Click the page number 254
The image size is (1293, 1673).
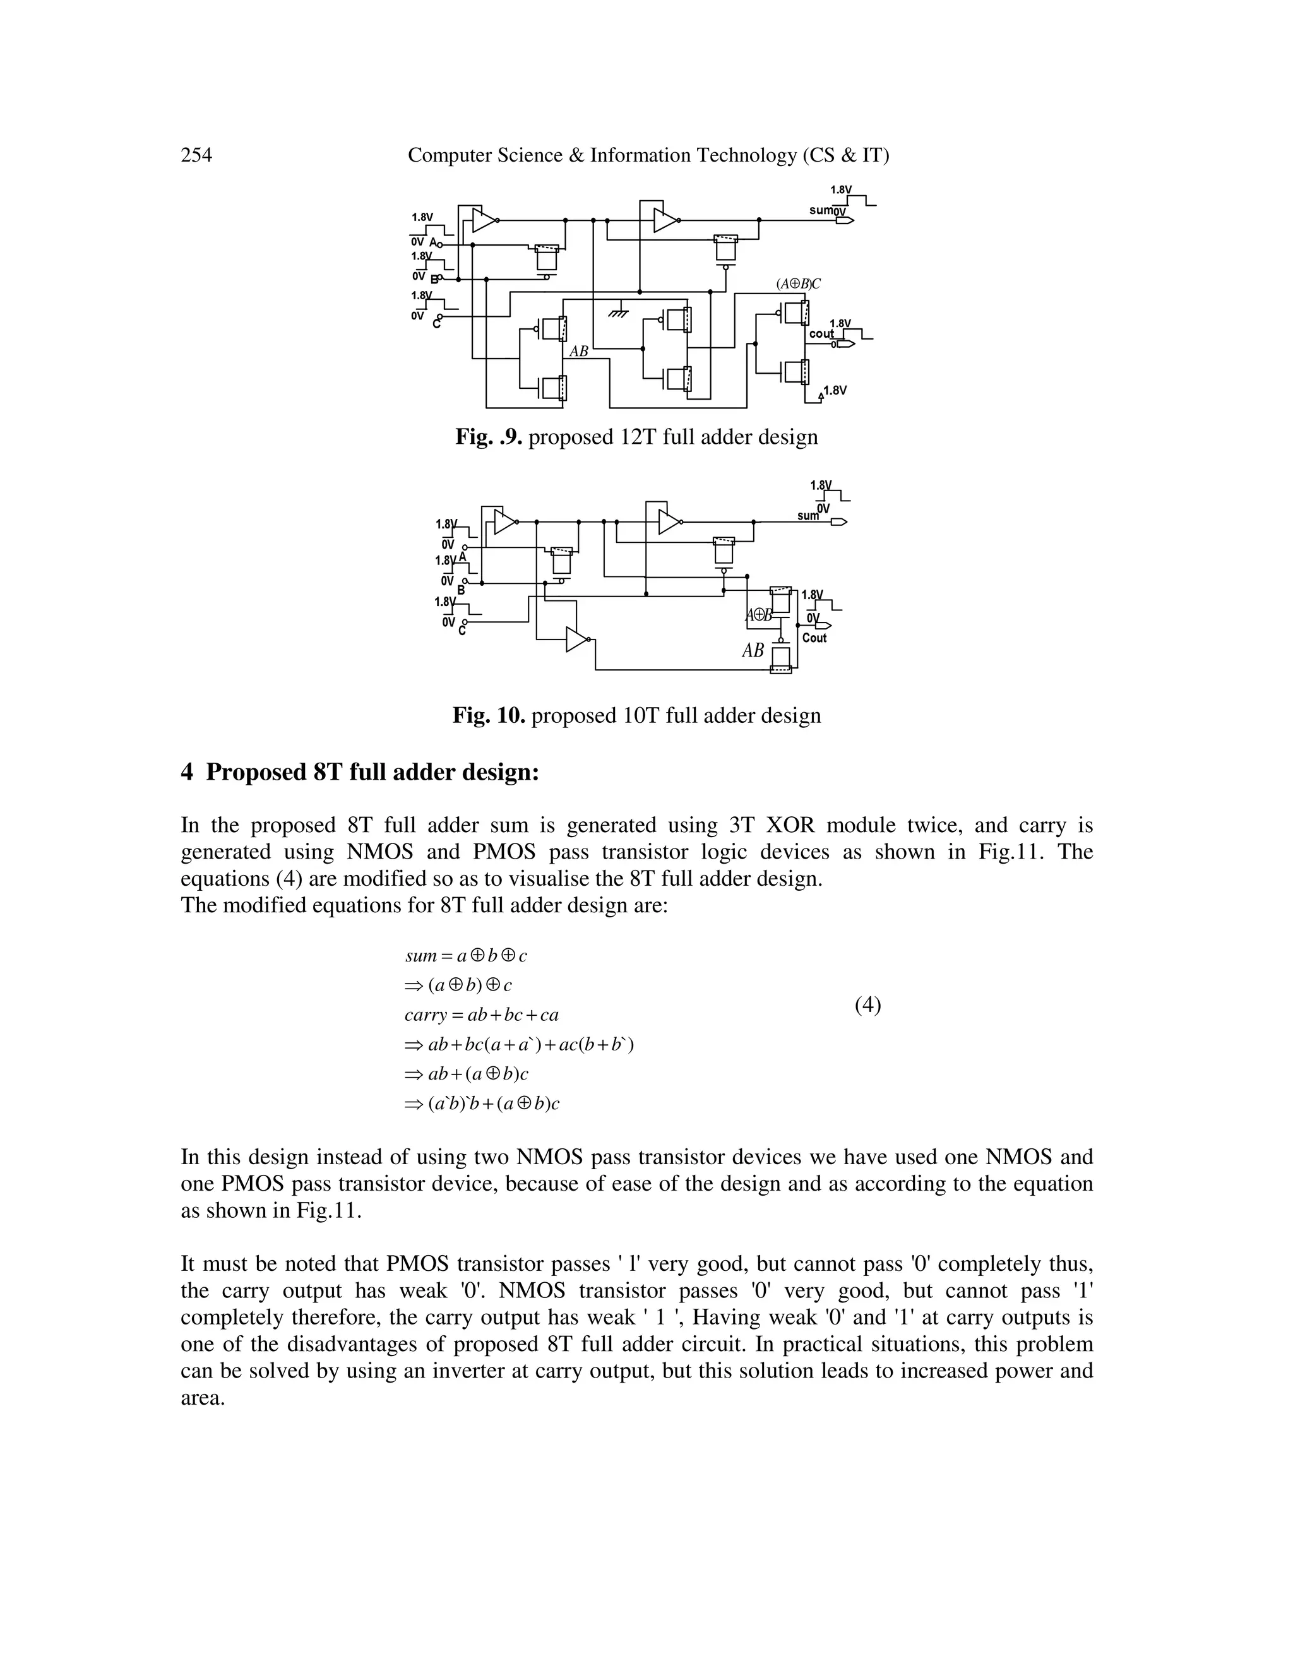pyautogui.click(x=196, y=155)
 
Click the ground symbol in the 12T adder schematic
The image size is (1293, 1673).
pyautogui.click(x=618, y=313)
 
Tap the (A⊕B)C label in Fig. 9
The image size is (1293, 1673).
pyautogui.click(x=798, y=283)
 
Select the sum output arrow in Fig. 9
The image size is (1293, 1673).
pyautogui.click(x=845, y=220)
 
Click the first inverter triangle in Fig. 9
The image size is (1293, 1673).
pyautogui.click(x=484, y=220)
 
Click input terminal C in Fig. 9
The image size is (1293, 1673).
pyautogui.click(x=439, y=316)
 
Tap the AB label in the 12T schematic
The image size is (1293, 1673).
pyautogui.click(x=579, y=352)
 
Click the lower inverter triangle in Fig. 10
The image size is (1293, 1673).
pyautogui.click(x=577, y=639)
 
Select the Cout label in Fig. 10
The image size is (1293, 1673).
pyautogui.click(x=814, y=638)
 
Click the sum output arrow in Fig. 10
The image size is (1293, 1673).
pyautogui.click(x=839, y=521)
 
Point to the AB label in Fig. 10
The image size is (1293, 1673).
pyautogui.click(x=753, y=650)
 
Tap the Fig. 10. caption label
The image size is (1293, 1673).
pyautogui.click(x=489, y=715)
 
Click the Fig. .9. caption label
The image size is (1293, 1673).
pyautogui.click(x=489, y=438)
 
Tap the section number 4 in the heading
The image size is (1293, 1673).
pyautogui.click(x=187, y=772)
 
